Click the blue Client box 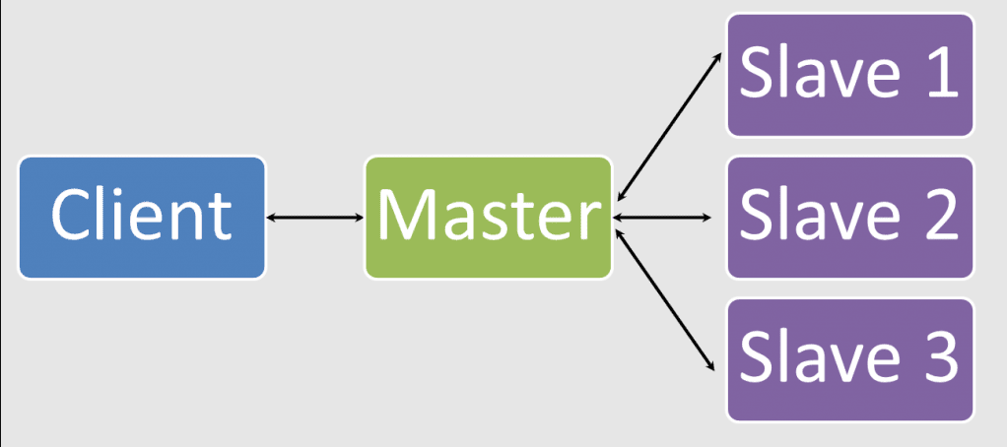click(x=142, y=217)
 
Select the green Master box click(x=488, y=217)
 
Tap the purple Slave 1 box click(x=850, y=75)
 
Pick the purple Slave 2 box click(x=850, y=217)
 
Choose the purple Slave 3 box click(x=850, y=358)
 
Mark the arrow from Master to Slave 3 click(x=665, y=300)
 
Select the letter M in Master click(x=409, y=216)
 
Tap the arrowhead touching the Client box click(x=271, y=217)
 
